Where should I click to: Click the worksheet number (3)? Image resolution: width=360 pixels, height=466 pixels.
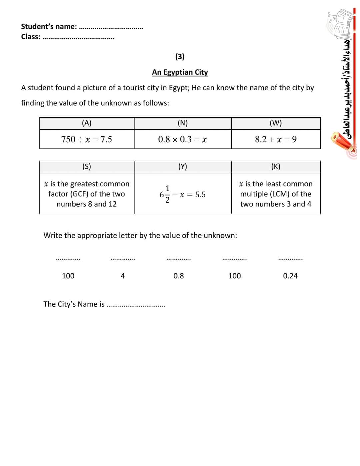point(180,57)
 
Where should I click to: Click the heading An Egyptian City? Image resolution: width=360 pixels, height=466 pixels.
point(180,72)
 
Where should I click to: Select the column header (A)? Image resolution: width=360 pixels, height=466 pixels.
point(87,123)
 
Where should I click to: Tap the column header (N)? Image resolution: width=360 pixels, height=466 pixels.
point(182,123)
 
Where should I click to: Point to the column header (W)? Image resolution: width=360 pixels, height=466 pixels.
point(276,123)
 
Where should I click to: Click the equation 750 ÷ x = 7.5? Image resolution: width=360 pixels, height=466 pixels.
point(87,139)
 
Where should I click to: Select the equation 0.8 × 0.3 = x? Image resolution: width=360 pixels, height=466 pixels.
point(182,139)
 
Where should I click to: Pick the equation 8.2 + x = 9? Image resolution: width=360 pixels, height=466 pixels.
point(276,139)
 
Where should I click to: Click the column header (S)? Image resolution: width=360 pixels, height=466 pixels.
point(87,167)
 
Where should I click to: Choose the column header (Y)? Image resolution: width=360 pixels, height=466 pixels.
point(182,167)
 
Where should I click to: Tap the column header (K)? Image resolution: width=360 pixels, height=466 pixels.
point(276,167)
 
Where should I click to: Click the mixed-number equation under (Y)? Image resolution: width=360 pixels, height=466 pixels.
point(182,194)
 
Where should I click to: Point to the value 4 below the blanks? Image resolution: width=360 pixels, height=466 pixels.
point(123,276)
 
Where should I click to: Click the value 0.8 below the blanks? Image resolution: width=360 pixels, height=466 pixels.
point(179,276)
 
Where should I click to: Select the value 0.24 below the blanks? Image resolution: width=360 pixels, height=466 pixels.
point(290,276)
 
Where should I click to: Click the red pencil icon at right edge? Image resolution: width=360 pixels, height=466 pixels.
point(343,142)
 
